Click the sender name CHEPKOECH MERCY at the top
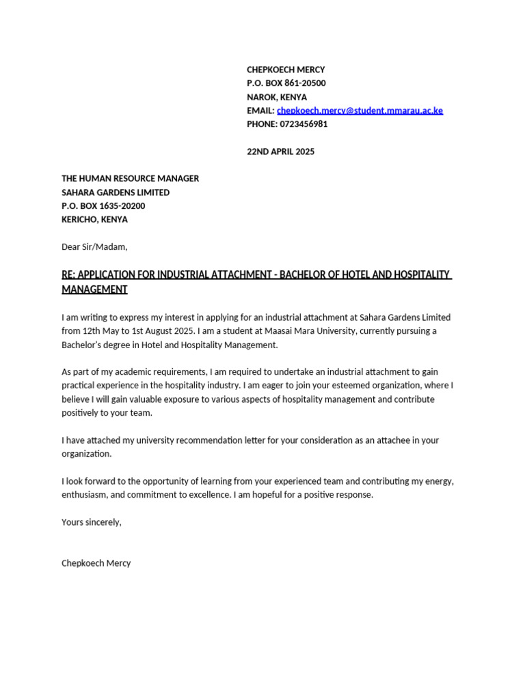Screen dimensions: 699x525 tap(286, 70)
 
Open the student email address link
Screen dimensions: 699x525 tap(360, 111)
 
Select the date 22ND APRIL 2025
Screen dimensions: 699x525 tap(280, 152)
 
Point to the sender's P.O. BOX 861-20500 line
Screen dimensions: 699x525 tap(286, 83)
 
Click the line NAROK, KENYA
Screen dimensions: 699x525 tap(277, 97)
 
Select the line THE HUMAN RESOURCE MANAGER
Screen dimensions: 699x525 tap(130, 178)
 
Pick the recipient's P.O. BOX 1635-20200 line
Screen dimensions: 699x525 tap(103, 206)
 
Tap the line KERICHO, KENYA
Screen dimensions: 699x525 tap(94, 220)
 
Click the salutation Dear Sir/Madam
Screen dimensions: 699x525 tap(94, 247)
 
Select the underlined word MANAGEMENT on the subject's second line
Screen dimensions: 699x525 tap(94, 289)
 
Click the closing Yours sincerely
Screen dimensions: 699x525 tap(91, 522)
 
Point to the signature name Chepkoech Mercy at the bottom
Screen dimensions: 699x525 tap(96, 563)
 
